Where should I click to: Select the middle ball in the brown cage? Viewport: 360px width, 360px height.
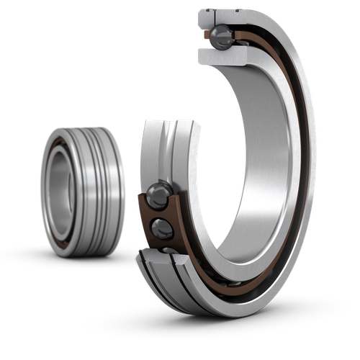(x=163, y=229)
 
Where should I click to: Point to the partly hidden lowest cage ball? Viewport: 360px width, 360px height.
(x=168, y=250)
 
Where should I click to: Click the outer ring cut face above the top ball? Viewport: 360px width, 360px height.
(x=223, y=16)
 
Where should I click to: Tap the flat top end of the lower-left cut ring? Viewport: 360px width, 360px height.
(x=170, y=124)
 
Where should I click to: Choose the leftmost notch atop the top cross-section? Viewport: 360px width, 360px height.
(x=204, y=12)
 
